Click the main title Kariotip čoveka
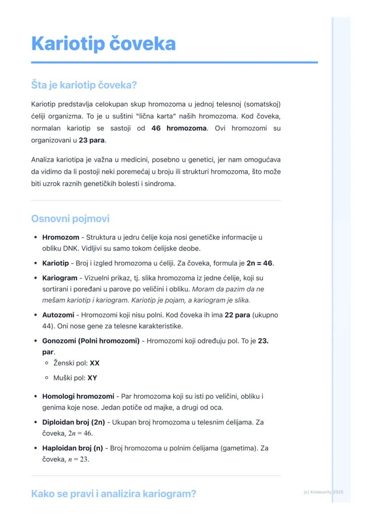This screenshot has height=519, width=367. [103, 43]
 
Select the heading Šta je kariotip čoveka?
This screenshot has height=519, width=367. [84, 85]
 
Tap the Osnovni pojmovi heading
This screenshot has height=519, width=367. [70, 219]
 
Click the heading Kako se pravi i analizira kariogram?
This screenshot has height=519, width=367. [113, 494]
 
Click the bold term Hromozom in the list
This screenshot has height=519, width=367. [61, 237]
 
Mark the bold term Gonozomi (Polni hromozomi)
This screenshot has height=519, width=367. [91, 341]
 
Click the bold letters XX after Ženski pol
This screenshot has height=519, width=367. [94, 363]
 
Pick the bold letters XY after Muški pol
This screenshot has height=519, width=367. [92, 378]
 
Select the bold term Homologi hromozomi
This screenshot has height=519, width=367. [78, 396]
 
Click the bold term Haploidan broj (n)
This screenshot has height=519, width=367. [72, 448]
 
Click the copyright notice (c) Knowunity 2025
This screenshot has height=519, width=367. [323, 492]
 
